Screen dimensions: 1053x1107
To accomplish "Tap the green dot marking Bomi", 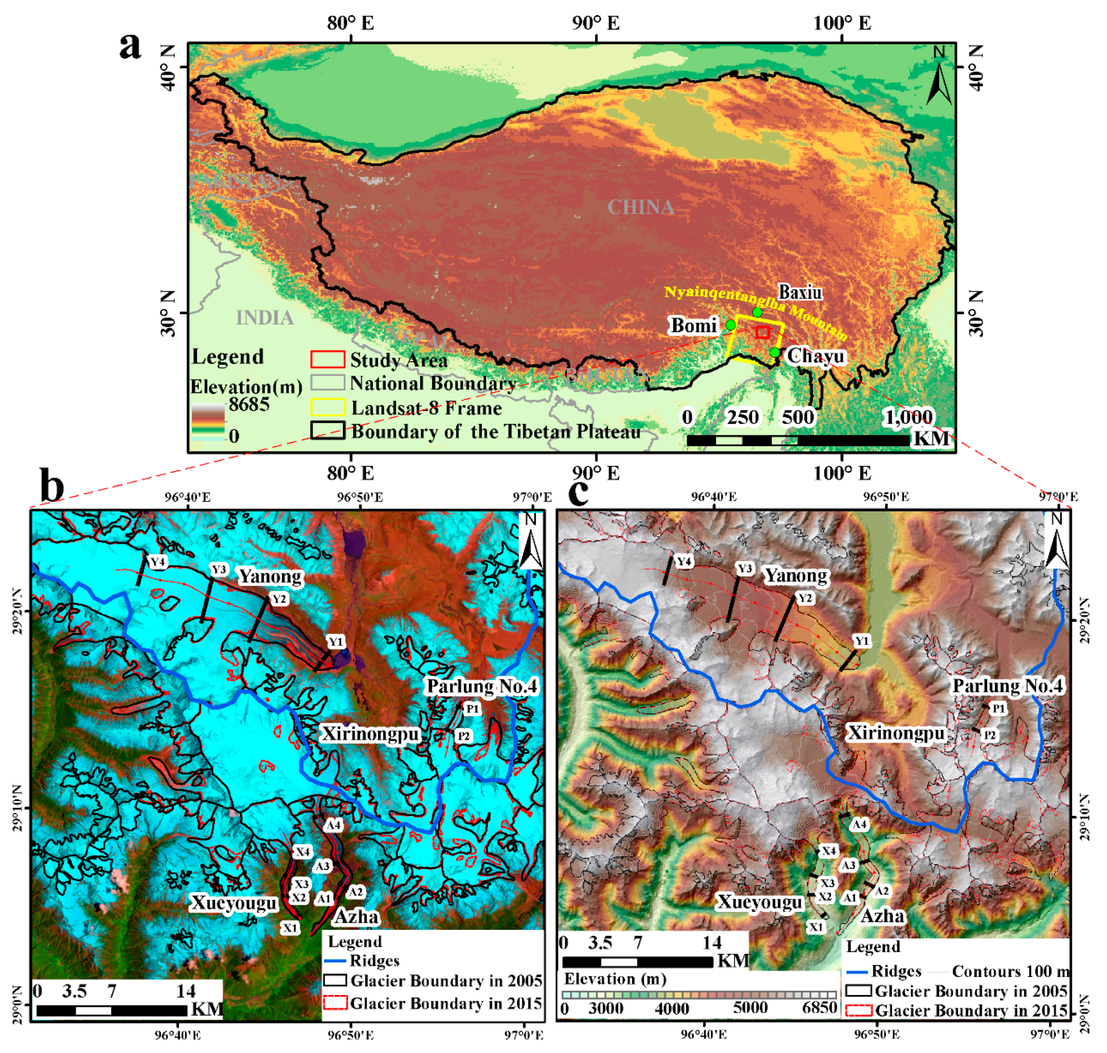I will click(x=731, y=325).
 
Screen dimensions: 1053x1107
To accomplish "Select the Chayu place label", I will click(x=815, y=356).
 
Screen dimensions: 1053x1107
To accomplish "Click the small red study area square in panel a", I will click(x=762, y=332).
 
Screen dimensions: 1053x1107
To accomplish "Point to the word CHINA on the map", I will click(x=641, y=207).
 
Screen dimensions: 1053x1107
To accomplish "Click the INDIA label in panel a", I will click(x=264, y=318).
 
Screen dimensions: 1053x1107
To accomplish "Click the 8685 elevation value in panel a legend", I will click(x=249, y=404).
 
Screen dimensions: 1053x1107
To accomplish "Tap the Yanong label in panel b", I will click(x=270, y=576).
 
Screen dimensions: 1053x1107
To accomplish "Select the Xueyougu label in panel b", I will click(x=234, y=902).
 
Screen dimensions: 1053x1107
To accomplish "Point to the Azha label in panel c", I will click(x=882, y=916).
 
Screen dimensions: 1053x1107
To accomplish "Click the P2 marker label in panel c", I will click(x=989, y=735).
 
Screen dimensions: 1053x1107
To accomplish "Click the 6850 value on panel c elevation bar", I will click(x=820, y=1007).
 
